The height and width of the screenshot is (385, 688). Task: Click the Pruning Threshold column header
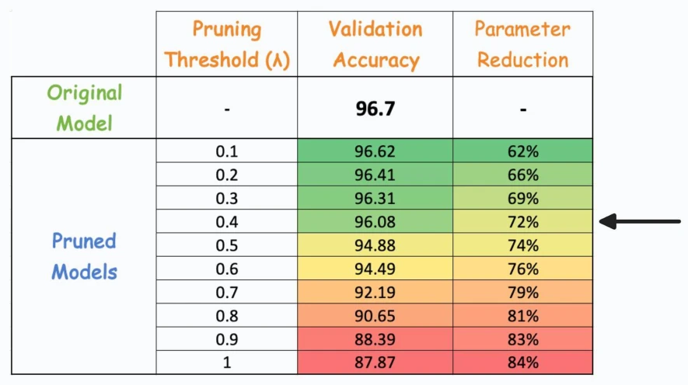coord(227,44)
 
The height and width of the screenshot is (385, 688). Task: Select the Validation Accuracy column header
coord(375,44)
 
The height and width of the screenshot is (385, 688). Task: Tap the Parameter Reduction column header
coord(522,44)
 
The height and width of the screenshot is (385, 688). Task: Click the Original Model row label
coord(84,108)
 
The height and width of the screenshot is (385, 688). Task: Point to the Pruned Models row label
coord(84,256)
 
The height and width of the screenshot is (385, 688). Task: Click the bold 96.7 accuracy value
coord(375,108)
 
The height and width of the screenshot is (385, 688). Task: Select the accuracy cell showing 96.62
coord(375,151)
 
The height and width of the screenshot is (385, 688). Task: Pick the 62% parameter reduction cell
coord(522,151)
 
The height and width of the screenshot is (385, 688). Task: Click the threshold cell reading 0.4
coord(227,222)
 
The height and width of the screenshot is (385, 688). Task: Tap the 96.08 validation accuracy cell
coord(375,222)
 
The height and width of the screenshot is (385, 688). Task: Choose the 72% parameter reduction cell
coord(522,222)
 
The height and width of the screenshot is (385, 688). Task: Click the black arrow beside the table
coord(640,222)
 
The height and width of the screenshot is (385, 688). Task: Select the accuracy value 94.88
coord(375,245)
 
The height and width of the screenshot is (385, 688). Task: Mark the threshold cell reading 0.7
coord(227,292)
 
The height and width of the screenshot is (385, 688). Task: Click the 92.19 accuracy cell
coord(375,292)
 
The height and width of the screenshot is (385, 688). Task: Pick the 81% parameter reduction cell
coord(522,316)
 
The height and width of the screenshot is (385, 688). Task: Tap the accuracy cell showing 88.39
coord(375,339)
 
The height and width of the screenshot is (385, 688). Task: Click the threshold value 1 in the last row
coord(227,362)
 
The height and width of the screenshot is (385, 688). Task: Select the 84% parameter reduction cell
coord(522,362)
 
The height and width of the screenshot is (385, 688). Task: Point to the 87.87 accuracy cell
coord(375,362)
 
